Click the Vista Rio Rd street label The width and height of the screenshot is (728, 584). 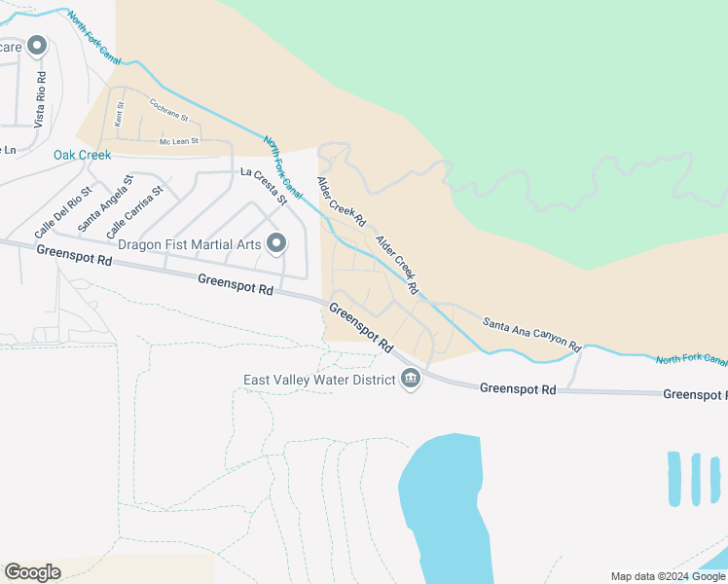coord(40,100)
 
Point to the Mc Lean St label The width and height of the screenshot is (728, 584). coord(179,142)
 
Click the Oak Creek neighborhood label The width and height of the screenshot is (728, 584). coord(82,155)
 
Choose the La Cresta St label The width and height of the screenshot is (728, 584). coord(266,184)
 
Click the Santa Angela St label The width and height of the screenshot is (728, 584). coord(106,202)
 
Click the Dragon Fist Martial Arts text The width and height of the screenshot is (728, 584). coord(190,243)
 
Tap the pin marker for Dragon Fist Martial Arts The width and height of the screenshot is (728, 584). coord(277,242)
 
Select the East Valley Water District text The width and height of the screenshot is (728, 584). coord(318,380)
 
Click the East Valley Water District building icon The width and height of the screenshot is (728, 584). coord(411,379)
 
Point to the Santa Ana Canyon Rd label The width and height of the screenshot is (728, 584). coord(531,334)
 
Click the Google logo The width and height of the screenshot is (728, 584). coord(32,572)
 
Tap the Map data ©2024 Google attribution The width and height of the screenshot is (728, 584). coord(667,576)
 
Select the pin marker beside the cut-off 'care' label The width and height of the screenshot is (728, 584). coord(37,46)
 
